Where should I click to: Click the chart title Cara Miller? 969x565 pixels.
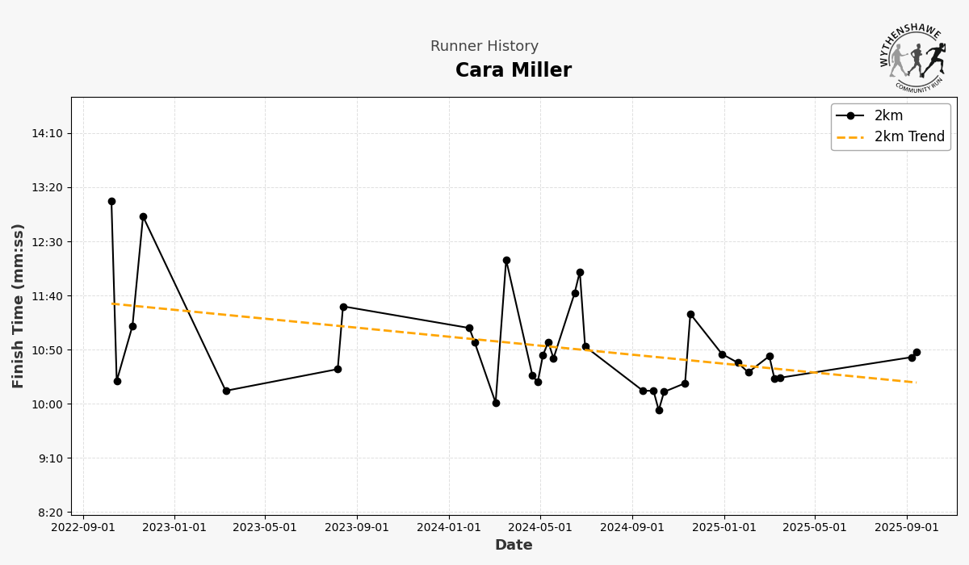(513, 71)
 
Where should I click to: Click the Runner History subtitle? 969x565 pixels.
(484, 47)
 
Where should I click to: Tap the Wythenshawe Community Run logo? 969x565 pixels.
(912, 57)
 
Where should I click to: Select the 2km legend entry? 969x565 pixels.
(888, 115)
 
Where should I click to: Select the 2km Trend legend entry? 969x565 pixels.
(908, 137)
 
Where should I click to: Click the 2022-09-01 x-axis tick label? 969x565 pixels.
(83, 528)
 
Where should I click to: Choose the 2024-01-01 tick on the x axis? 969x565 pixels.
(449, 528)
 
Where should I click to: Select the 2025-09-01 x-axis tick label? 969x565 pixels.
(906, 528)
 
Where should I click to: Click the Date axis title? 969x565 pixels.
(514, 546)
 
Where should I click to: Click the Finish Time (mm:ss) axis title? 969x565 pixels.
(19, 306)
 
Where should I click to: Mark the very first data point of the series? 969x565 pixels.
(111, 202)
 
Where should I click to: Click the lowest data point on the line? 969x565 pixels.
(659, 410)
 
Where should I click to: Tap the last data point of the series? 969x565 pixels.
(917, 352)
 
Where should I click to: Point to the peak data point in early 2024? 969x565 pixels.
(506, 261)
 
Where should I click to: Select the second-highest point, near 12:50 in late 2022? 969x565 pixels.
(143, 216)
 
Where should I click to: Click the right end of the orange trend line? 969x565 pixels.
(916, 383)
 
